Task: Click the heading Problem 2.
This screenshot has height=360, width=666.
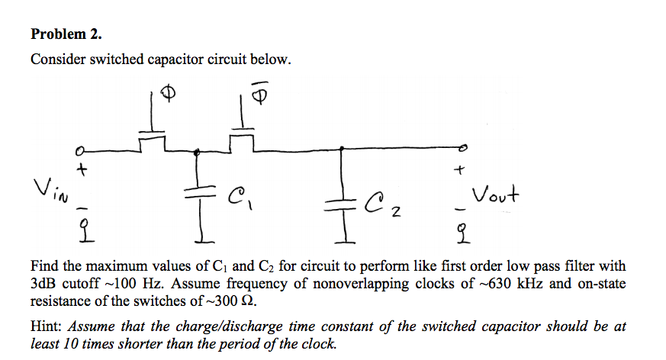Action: [66, 34]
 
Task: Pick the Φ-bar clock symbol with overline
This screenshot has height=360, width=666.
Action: [262, 95]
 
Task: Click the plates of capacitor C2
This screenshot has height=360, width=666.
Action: [339, 201]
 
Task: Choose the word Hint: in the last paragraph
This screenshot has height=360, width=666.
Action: [47, 326]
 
